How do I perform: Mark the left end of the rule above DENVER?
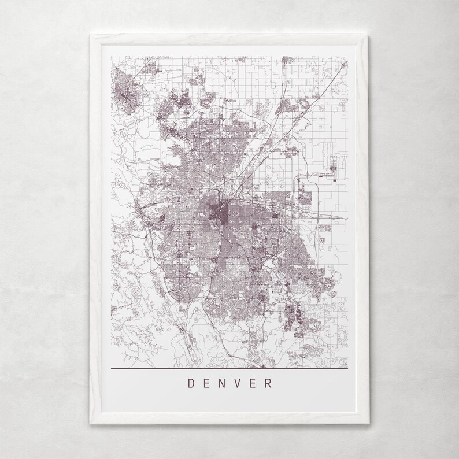(110, 368)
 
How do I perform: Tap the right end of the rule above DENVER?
(349, 368)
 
